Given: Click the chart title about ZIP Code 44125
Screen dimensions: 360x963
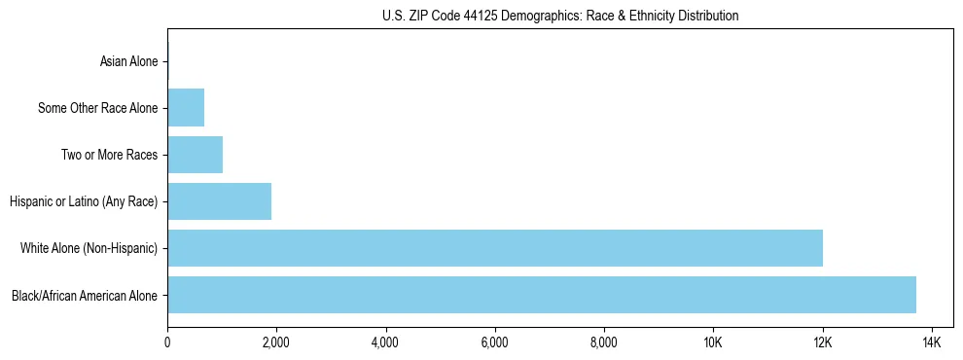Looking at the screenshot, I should point(559,16).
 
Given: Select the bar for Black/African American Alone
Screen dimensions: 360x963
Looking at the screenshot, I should point(542,295).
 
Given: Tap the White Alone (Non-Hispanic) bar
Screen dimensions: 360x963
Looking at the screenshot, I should point(495,248).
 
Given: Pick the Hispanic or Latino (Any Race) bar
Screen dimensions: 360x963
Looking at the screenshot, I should point(219,201).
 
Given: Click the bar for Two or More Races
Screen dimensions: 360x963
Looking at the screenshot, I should point(195,155).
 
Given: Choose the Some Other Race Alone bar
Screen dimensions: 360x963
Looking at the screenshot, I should point(186,108).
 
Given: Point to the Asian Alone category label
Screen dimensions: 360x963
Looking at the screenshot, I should point(128,62).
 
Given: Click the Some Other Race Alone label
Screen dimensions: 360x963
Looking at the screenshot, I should point(97,108).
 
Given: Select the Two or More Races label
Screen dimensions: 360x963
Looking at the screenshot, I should point(109,155).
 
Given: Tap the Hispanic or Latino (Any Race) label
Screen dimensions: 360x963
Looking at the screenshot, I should point(84,201).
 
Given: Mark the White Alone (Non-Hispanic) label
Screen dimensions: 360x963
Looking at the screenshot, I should point(89,248).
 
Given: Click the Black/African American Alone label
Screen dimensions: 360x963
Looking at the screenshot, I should point(85,295).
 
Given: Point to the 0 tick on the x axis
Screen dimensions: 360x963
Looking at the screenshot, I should point(167,342).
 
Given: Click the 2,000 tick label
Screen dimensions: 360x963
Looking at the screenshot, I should point(276,342).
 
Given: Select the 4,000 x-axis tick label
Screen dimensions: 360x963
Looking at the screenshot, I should point(385,342).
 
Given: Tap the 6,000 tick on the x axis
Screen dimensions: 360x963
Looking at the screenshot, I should point(495,342).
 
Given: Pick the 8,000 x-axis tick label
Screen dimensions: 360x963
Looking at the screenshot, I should point(604,342).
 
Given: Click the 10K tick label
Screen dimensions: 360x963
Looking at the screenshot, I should point(713,342).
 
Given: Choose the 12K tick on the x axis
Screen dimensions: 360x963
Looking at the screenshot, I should point(823,342).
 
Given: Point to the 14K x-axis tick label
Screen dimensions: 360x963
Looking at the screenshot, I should point(932,342).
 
